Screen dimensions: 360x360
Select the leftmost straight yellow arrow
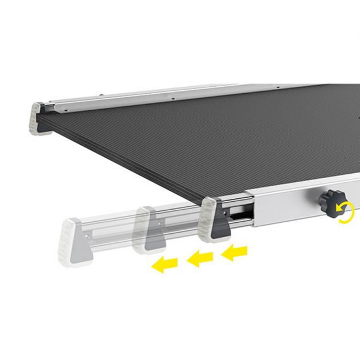[x=165, y=264]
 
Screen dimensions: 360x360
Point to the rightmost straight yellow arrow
[x=235, y=251]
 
